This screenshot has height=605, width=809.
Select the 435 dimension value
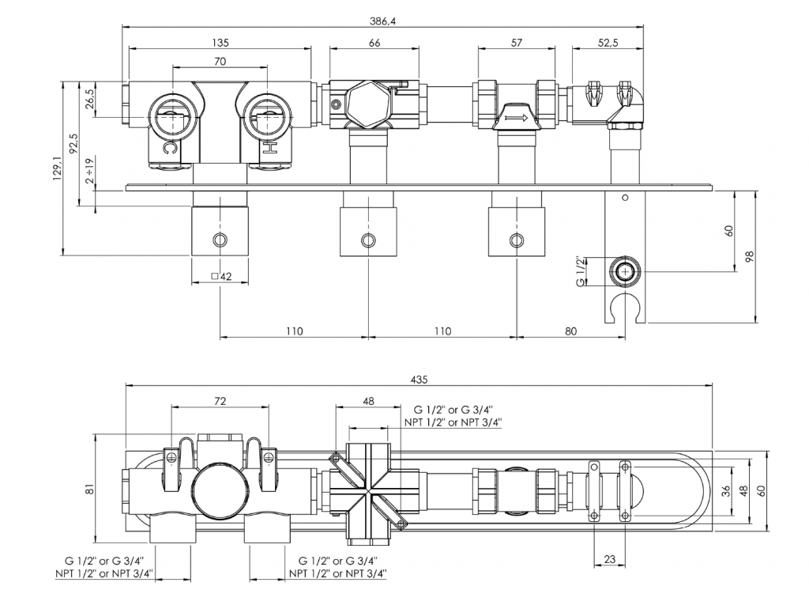coord(420,380)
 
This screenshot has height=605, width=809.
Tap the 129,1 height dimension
coord(56,167)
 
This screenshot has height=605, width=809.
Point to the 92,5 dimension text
coord(73,145)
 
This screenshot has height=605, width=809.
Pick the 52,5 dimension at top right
coord(608,43)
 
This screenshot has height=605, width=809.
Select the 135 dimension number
coord(220,43)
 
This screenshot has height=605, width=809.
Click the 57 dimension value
coord(516,43)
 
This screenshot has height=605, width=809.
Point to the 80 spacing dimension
coord(570,331)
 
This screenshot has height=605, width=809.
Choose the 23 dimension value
coord(609,559)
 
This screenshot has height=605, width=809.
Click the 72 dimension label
coord(220,402)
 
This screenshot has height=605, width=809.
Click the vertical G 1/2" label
coord(581,271)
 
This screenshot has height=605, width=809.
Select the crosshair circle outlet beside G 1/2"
coord(625,271)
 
